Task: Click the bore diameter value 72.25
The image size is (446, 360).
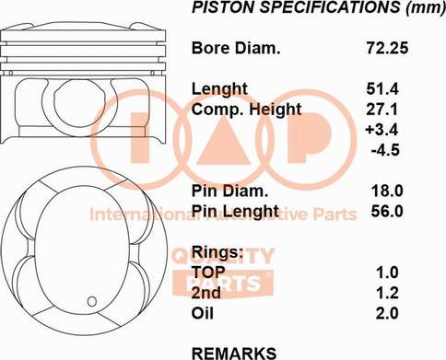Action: point(387,48)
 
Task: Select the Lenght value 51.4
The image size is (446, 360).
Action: point(382,89)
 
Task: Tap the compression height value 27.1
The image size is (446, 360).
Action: point(382,110)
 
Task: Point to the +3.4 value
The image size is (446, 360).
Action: point(381,129)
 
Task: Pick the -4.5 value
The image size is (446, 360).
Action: point(385,150)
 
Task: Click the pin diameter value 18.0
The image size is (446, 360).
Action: point(387,191)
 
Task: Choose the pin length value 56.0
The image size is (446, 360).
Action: point(387,211)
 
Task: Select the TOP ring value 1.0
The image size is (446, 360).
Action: point(387,273)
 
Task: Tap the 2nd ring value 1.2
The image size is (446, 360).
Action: point(387,293)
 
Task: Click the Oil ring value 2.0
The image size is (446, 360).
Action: point(387,313)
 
